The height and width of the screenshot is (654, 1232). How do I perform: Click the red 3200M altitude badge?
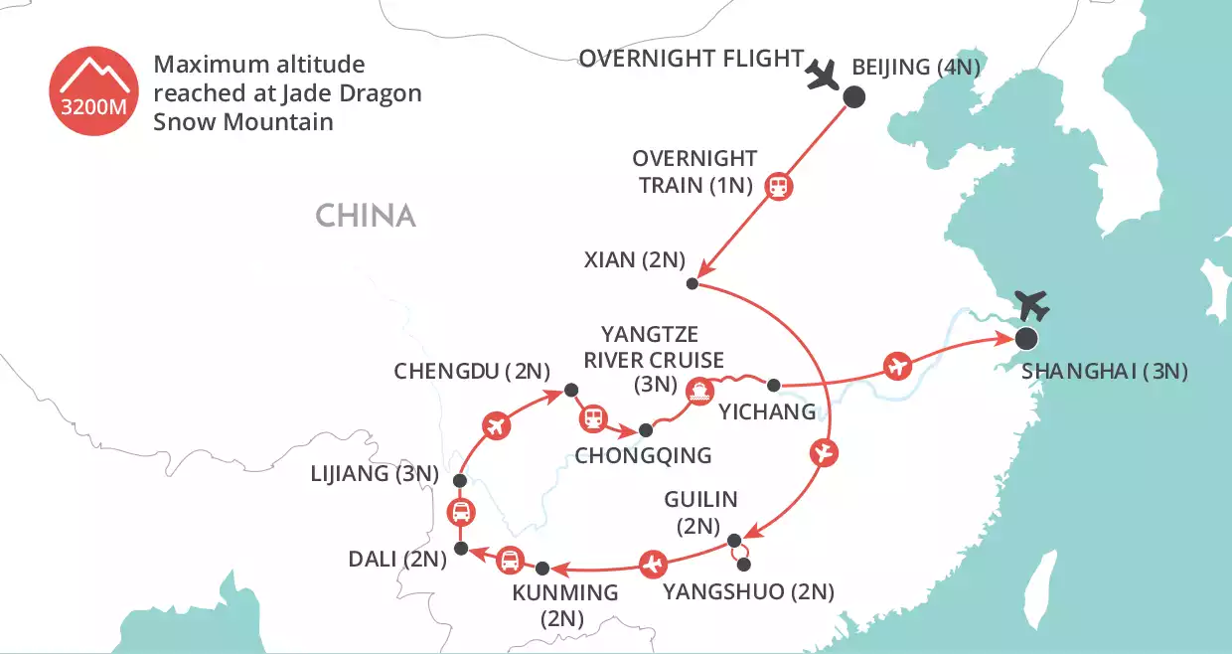(93, 93)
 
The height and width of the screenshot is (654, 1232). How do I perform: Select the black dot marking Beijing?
(853, 96)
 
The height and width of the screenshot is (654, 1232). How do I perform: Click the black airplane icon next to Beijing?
(823, 76)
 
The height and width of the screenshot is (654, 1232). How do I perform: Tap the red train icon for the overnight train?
(778, 186)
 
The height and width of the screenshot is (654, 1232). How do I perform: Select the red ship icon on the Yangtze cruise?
(701, 391)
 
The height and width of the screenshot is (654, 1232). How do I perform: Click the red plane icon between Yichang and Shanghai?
(897, 366)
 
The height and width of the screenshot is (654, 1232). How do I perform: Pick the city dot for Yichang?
(774, 384)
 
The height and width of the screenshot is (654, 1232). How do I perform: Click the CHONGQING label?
(643, 456)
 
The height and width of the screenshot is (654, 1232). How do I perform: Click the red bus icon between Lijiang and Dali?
(460, 514)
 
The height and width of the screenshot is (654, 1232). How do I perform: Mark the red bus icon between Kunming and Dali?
(510, 561)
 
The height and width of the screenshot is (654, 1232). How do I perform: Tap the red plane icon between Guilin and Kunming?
(652, 564)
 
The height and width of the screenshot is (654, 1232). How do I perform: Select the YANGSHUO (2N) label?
(748, 592)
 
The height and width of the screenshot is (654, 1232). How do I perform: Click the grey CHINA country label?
(365, 216)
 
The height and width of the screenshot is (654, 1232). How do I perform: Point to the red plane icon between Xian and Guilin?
(824, 452)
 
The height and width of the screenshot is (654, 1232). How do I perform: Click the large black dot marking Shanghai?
(1025, 339)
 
